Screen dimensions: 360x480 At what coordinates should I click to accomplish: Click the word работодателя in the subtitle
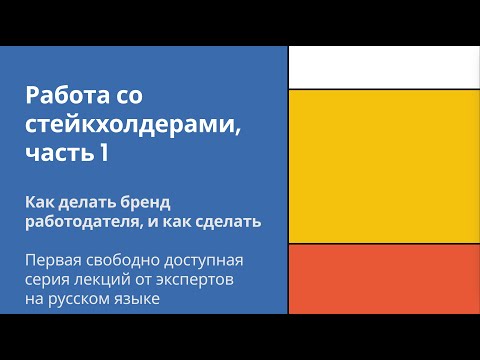pyautogui.click(x=79, y=222)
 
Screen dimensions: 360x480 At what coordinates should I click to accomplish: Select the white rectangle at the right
pyautogui.click(x=384, y=67)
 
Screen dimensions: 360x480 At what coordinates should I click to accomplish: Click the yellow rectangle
pyautogui.click(x=384, y=165)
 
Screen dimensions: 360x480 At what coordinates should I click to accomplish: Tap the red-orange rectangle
pyautogui.click(x=384, y=278)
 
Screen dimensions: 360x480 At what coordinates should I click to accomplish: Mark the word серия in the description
pyautogui.click(x=49, y=280)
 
